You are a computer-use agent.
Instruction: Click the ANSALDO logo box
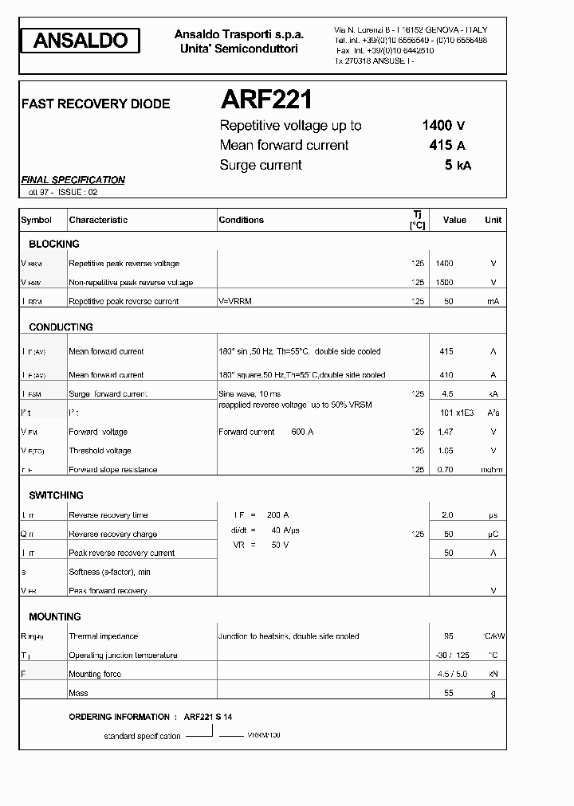(81, 41)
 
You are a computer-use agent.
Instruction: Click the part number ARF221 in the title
(265, 100)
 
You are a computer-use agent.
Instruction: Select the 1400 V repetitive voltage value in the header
(442, 125)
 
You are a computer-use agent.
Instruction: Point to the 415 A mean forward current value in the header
(446, 145)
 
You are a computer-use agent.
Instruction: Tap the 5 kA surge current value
(458, 165)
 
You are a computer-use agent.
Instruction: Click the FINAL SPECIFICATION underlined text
(73, 180)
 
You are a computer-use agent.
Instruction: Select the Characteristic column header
(98, 220)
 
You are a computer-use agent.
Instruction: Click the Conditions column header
(241, 220)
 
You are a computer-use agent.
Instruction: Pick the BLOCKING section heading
(54, 245)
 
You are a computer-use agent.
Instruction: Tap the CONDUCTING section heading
(61, 327)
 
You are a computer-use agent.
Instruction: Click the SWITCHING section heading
(56, 495)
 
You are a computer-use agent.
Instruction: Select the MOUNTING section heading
(55, 617)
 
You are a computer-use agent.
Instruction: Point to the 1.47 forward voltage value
(446, 432)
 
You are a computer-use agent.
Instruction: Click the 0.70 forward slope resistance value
(446, 470)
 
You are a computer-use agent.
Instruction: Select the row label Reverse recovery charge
(112, 534)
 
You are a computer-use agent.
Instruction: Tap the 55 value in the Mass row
(447, 694)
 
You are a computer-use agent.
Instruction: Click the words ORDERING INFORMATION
(120, 717)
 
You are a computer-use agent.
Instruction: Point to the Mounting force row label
(95, 675)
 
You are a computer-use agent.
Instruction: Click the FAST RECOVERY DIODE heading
(95, 104)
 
